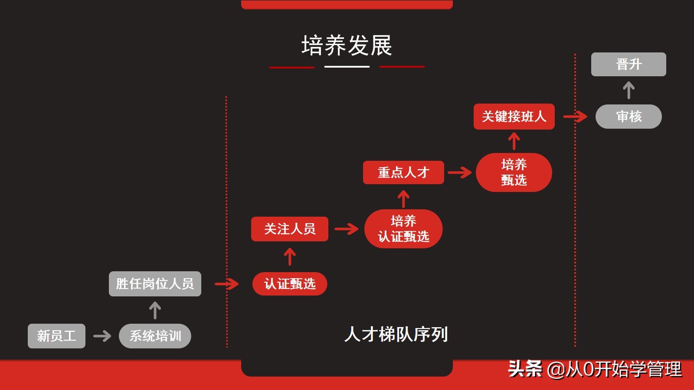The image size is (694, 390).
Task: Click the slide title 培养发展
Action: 347,45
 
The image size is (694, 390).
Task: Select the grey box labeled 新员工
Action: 56,336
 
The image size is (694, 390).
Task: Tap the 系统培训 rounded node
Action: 155,336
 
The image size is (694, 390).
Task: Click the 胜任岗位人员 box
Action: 155,284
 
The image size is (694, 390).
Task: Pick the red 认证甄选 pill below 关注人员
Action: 290,284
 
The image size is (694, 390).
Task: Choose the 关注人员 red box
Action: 290,229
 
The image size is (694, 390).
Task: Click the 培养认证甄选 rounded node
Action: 403,229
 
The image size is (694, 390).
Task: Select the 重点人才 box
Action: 403,172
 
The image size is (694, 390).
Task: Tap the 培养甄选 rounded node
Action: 514,172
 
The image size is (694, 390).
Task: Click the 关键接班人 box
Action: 514,117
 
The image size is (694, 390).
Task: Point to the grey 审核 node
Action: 629,117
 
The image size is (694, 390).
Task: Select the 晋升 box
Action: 629,65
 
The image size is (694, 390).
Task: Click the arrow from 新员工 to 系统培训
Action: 102,336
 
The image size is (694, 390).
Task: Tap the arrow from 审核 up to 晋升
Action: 629,91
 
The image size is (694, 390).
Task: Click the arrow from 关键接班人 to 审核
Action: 575,116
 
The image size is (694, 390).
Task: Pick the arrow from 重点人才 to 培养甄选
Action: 460,172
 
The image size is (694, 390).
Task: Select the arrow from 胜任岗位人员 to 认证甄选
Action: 226,284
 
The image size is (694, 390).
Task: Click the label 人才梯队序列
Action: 396,335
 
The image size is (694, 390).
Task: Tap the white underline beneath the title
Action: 347,67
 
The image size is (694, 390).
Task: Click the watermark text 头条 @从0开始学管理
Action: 595,369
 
